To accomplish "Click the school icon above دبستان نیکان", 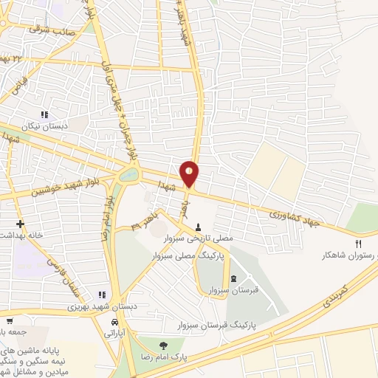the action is pyautogui.click(x=44, y=114).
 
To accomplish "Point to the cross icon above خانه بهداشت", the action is pyautogui.click(x=20, y=224).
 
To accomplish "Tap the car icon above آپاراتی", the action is pyautogui.click(x=114, y=323).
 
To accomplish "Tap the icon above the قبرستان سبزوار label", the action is pyautogui.click(x=234, y=279).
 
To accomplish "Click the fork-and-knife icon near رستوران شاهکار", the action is pyautogui.click(x=360, y=244).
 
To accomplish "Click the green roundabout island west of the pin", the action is pyautogui.click(x=130, y=175).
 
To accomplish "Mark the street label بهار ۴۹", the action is pyautogui.click(x=145, y=224).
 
